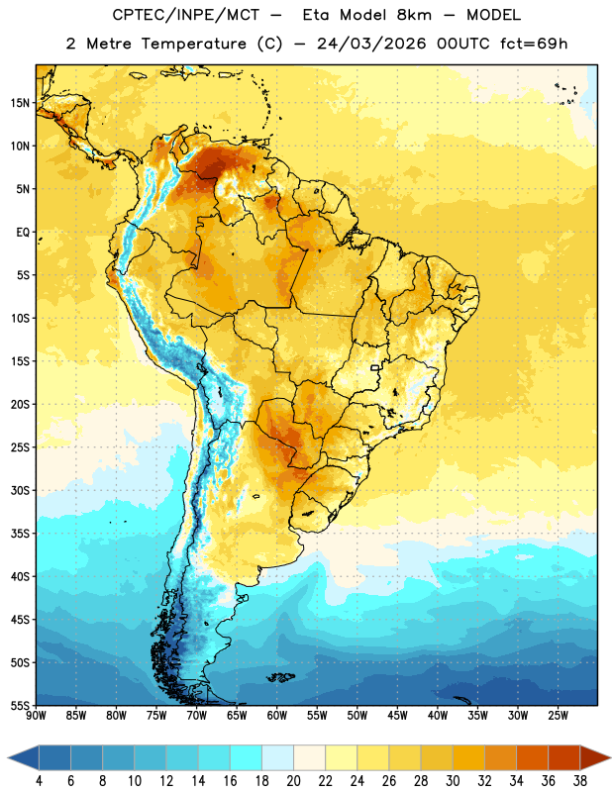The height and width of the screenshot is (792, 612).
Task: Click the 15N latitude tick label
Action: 20,103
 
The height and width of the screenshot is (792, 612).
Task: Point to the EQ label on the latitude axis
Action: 23,233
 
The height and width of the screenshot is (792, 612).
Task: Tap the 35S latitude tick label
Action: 20,534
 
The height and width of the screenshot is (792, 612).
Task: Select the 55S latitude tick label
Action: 20,705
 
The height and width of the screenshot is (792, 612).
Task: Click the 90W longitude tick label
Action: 36,716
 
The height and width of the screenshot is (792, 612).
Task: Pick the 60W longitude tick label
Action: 277,716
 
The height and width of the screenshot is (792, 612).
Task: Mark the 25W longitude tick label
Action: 558,716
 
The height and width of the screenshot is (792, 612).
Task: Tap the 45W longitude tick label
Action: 397,716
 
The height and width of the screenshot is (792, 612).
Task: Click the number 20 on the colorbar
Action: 293,781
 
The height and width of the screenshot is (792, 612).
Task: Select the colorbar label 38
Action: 579,781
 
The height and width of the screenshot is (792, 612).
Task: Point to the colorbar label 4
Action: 39,781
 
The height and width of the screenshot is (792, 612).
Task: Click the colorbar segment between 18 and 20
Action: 277,758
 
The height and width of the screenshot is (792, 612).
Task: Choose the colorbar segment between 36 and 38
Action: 564,758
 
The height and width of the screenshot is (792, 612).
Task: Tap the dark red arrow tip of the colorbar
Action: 607,758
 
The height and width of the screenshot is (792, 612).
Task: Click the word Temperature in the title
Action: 193,44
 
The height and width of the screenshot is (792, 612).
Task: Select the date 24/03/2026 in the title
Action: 371,44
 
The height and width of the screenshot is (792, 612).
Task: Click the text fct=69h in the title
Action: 534,44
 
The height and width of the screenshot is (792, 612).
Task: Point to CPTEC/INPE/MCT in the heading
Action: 185,15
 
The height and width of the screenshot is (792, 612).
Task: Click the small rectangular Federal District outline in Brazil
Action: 375,367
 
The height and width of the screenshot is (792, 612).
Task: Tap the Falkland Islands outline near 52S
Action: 281,677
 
